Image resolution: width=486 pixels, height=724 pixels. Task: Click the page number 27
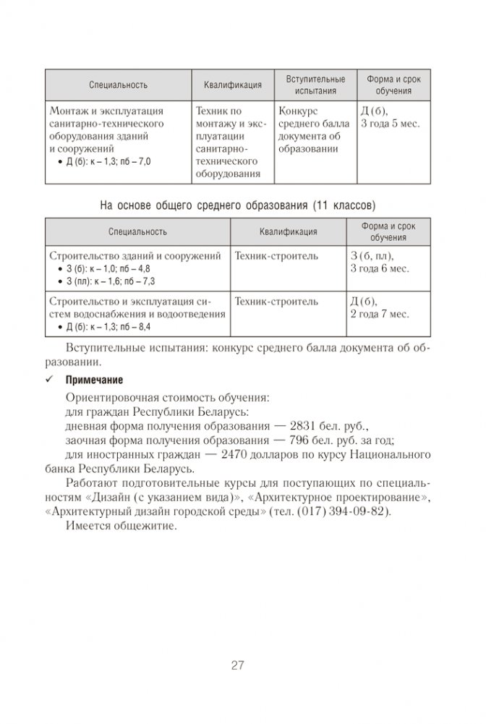[x=238, y=666]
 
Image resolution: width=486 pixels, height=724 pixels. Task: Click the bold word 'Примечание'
[x=95, y=379]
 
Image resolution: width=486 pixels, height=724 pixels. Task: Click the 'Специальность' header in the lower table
[x=137, y=232]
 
